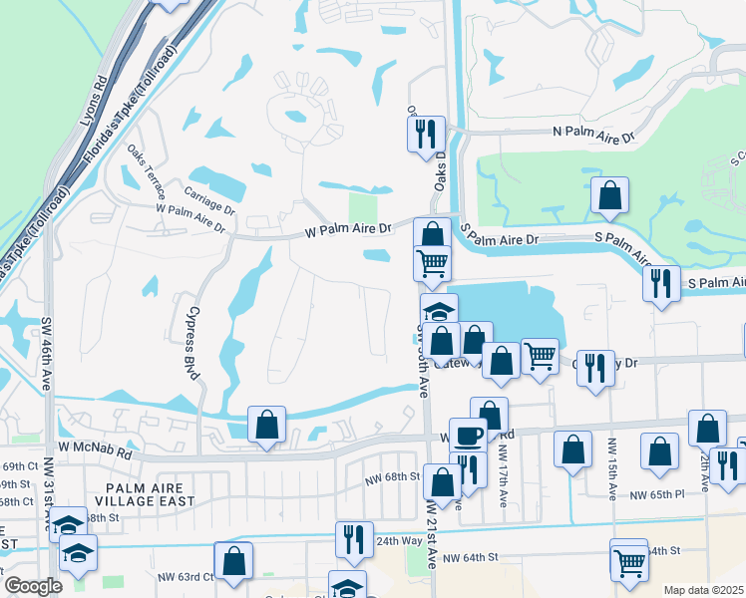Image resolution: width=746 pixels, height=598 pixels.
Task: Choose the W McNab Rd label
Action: (95, 451)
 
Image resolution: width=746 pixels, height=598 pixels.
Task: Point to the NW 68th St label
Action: (394, 476)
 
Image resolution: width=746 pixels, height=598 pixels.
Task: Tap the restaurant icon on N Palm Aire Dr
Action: (426, 133)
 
